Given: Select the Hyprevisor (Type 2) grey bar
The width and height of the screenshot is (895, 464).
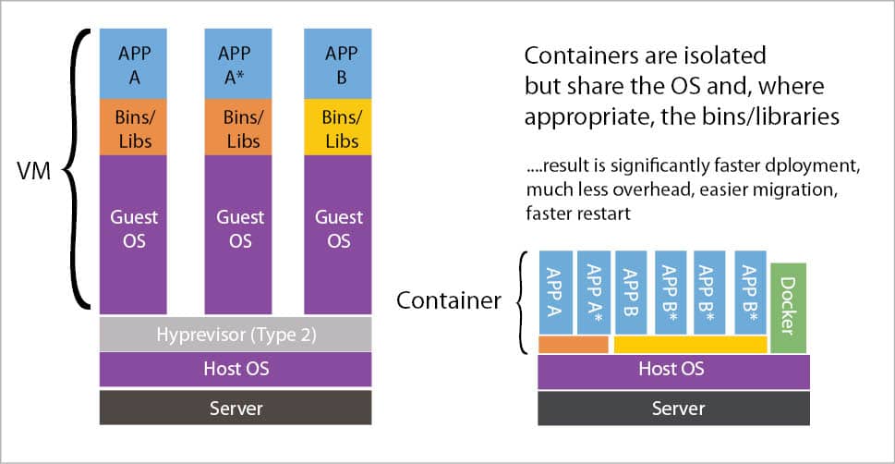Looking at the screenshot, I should pos(235,335).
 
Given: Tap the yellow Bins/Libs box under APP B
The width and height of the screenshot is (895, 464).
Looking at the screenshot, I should pos(338,128).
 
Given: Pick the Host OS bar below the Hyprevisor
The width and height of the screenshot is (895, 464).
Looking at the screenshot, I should pos(235,370).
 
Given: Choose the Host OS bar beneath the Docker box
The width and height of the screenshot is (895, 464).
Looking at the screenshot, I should pos(672,370).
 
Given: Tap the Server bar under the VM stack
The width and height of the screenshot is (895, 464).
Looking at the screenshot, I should pos(235,407).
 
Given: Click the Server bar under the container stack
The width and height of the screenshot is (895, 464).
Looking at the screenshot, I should pos(672,407).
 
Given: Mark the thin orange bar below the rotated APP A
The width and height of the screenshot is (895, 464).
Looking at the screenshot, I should pos(573,345).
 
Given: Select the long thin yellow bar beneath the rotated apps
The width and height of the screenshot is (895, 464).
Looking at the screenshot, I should pos(690,345).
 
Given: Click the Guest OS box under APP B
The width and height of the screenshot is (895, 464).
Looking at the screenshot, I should pos(338,234).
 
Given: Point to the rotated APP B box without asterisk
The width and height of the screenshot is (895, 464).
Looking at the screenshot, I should pos(633,292).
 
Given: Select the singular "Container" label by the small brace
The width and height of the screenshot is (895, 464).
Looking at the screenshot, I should pos(448,300).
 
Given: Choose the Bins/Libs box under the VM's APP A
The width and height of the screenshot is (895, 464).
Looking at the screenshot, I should pos(135,128).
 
